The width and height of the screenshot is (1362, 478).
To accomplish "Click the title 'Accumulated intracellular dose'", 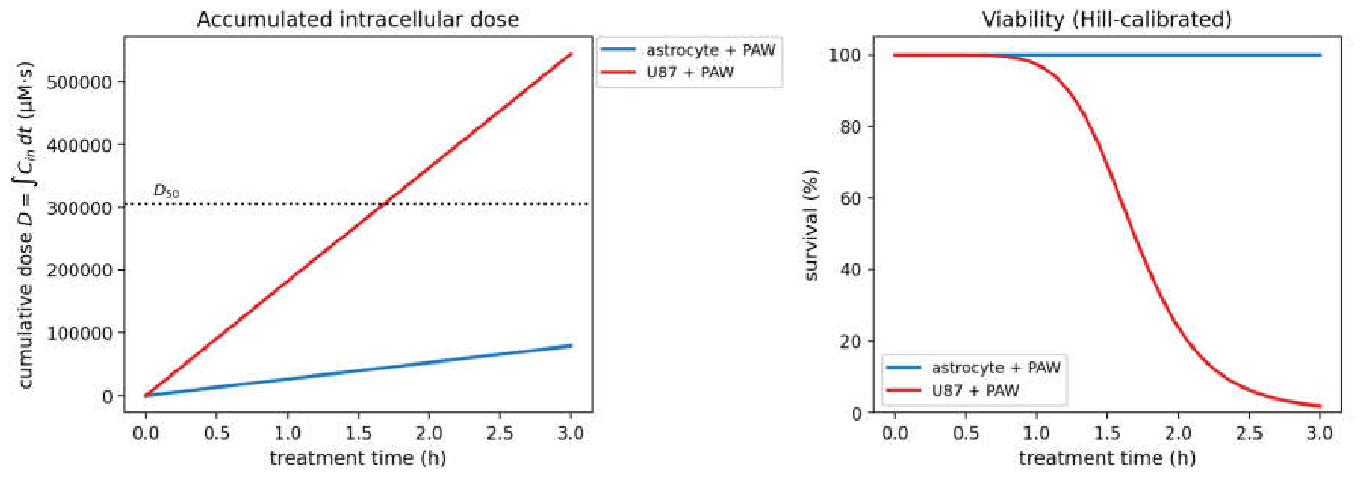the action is (358, 20).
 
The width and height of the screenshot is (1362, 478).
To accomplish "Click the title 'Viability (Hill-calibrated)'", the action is (1106, 20).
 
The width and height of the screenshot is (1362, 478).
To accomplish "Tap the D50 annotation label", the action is (166, 191).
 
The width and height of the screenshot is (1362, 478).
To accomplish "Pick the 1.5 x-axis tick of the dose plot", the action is (358, 433).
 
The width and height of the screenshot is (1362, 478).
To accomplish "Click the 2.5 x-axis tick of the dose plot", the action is (500, 433).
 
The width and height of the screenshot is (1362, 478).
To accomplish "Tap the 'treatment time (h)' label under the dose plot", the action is (358, 458).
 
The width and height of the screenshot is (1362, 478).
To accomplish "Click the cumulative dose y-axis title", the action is (24, 224).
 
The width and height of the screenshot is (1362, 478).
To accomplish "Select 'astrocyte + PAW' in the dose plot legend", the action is (711, 50).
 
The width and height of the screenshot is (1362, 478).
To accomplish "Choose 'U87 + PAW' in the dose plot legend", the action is (690, 72).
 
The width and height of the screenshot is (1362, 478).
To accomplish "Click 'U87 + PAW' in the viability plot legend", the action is (975, 390).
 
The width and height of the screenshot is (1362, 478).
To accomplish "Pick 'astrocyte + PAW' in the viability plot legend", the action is (996, 368).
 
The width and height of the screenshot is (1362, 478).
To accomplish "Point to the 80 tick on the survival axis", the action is (850, 127).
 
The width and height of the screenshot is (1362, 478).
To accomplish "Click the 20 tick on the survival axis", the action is (850, 341).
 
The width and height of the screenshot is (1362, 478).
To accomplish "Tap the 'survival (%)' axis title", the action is (811, 225).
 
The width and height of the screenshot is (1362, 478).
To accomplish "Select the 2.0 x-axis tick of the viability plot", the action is (1178, 433).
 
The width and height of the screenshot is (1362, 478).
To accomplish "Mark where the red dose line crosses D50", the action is (385, 203).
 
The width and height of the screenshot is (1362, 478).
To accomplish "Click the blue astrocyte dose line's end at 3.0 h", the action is (571, 345).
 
